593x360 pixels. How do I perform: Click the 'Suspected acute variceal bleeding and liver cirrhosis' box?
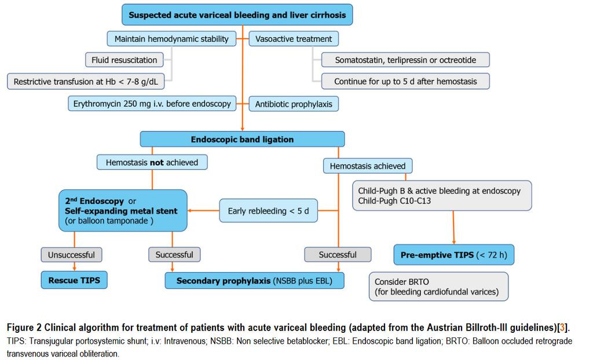237,14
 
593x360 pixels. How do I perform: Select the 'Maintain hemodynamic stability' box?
171,39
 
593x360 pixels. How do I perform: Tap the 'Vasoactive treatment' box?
294,39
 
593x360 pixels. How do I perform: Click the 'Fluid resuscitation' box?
125,60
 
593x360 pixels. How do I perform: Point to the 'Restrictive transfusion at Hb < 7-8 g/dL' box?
86,81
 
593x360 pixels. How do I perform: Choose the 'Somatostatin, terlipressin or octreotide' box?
405,60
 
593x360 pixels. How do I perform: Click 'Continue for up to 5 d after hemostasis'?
405,81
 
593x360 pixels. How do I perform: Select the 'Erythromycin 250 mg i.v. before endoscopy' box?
152,104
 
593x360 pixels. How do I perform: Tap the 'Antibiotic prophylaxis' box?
294,104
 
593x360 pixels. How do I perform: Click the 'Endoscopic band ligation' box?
243,139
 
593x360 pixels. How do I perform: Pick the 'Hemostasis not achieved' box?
152,162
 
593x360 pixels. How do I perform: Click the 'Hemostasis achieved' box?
368,166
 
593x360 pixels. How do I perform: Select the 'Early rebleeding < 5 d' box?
269,211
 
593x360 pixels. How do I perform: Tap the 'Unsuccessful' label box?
71,255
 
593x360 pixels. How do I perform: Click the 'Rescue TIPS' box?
74,280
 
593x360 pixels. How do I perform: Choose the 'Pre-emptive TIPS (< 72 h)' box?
454,255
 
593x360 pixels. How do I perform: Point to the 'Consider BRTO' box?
439,286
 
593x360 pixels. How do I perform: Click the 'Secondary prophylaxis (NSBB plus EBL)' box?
255,281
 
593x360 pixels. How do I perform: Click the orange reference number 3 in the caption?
562,328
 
